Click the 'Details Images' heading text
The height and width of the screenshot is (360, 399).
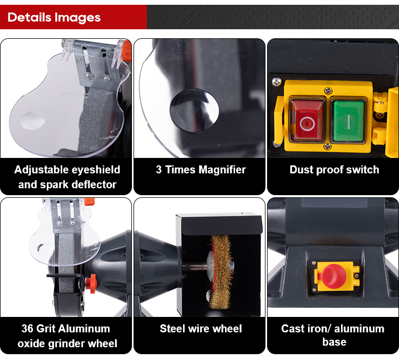tap(54, 18)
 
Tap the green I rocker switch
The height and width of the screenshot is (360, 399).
tap(348, 121)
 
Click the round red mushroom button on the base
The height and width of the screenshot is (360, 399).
tap(334, 277)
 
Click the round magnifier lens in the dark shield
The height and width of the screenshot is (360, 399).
tap(194, 111)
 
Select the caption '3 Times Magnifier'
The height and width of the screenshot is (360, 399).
tap(201, 170)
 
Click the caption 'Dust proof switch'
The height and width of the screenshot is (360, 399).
tap(334, 170)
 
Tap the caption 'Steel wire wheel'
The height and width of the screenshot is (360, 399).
tap(201, 329)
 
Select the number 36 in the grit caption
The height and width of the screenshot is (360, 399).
tap(28, 329)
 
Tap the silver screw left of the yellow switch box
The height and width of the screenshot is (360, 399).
tap(277, 82)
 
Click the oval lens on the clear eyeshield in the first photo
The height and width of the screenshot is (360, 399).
tap(32, 120)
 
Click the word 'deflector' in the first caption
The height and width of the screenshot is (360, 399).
tap(95, 185)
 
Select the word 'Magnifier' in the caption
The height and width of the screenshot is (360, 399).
tap(222, 170)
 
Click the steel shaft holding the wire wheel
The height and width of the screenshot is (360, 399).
tap(195, 267)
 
